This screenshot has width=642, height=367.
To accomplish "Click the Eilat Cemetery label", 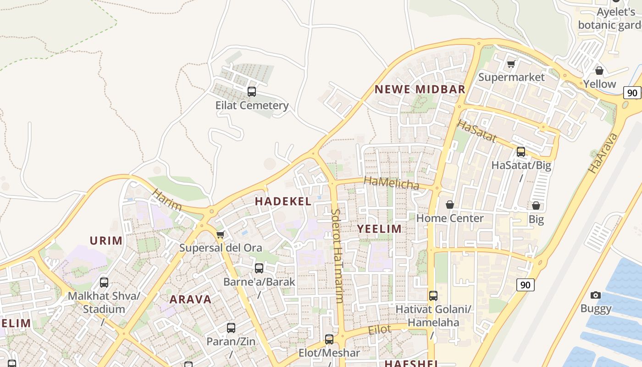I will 252,106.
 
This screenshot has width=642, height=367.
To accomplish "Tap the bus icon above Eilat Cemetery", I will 252,91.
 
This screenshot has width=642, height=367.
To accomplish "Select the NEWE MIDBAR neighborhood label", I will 420,89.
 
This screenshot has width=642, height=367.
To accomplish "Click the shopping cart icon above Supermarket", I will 511,64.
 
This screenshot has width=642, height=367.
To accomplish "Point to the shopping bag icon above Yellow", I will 599,71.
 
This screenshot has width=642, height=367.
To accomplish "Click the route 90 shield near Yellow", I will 632,93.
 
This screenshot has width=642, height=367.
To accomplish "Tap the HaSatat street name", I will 477,131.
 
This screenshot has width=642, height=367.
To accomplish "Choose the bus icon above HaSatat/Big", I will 521,151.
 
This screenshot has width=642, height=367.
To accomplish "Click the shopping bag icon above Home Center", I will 450,205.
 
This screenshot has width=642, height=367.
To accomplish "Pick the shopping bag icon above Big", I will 536,206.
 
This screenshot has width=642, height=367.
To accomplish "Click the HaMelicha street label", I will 392,183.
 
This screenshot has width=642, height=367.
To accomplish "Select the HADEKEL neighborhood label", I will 283,201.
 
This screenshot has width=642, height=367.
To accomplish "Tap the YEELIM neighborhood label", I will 379,229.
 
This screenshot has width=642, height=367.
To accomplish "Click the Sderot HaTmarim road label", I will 336,256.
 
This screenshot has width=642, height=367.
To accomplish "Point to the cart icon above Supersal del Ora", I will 220,235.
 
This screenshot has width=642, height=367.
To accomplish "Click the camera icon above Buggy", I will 596,295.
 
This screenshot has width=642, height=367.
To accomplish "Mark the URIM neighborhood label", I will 106,241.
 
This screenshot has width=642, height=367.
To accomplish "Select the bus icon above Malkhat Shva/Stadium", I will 104,282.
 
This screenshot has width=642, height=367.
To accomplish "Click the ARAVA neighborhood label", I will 191,300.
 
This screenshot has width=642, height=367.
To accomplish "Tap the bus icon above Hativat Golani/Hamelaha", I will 433,296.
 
